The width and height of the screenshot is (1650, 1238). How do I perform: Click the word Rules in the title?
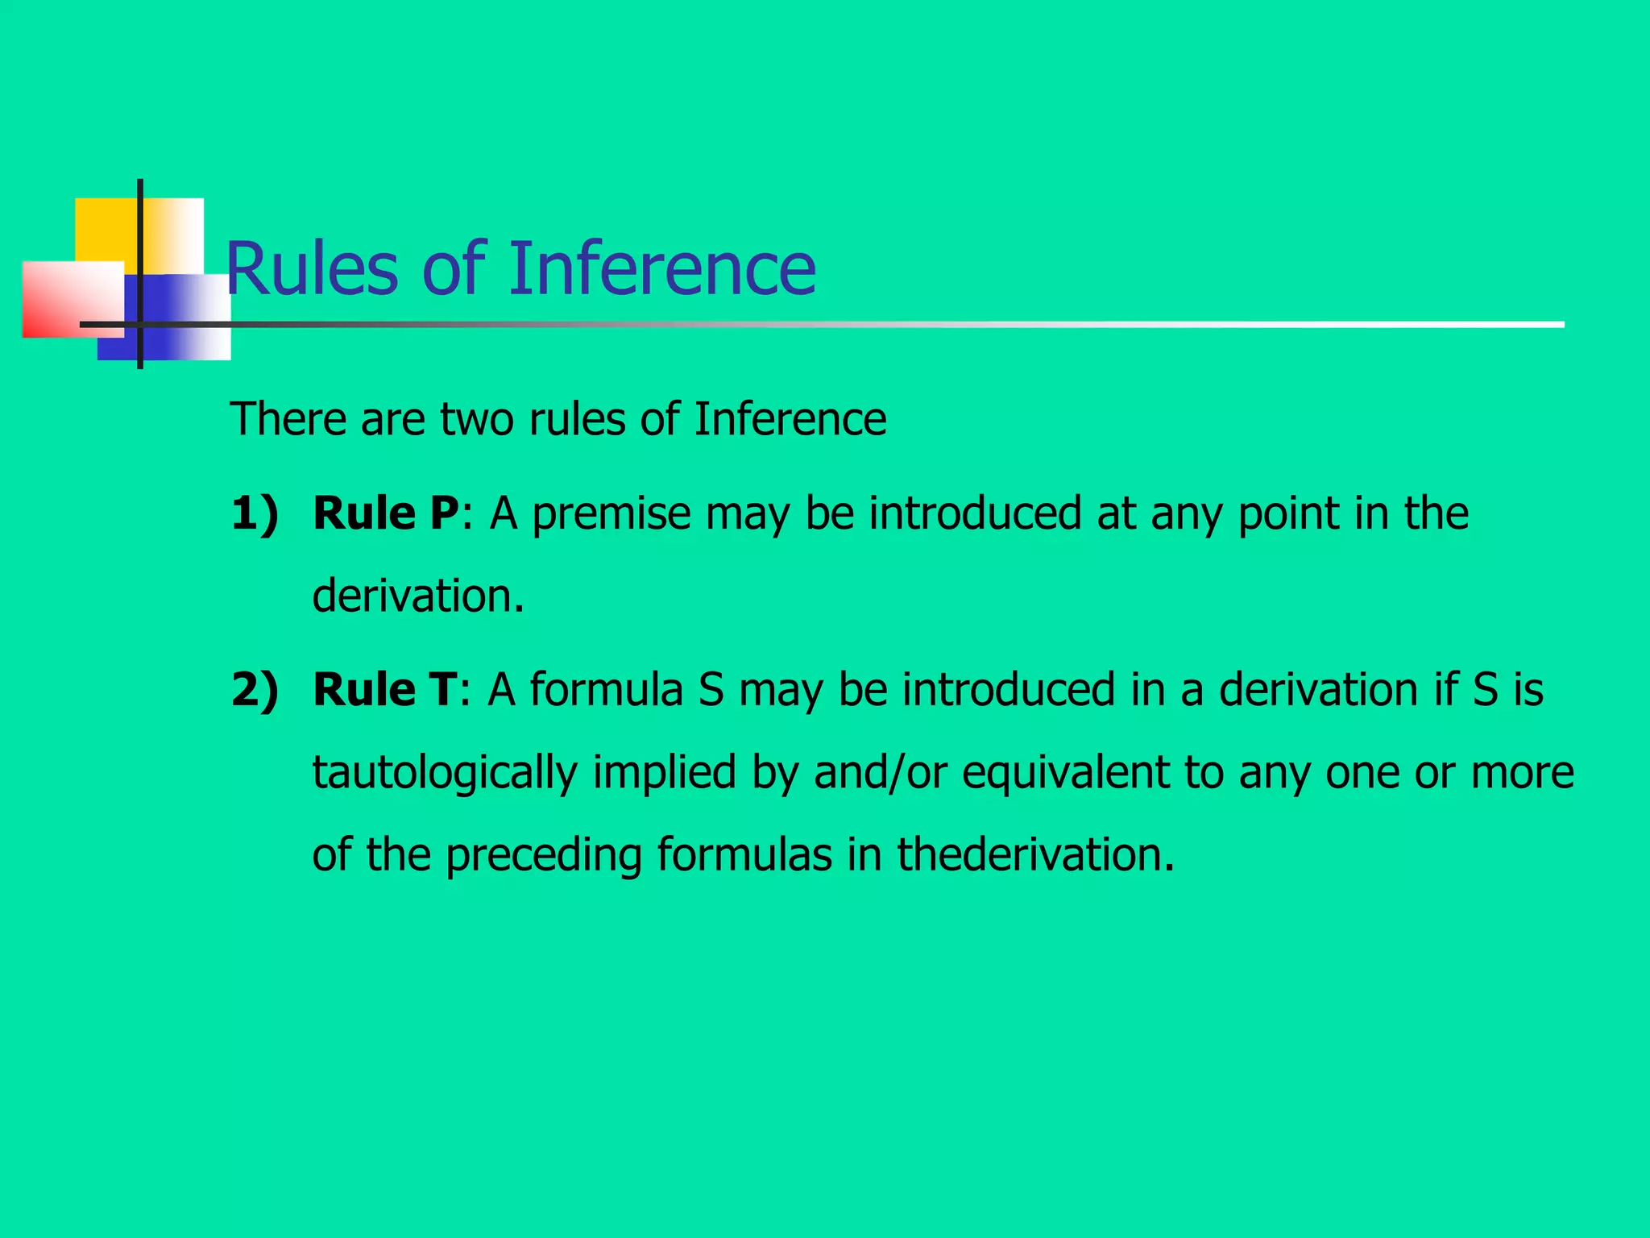pyautogui.click(x=311, y=268)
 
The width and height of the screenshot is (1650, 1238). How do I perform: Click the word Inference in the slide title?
pyautogui.click(x=661, y=268)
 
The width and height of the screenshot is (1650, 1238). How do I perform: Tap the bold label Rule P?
pyautogui.click(x=386, y=513)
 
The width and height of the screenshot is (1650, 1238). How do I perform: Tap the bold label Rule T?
pyautogui.click(x=384, y=690)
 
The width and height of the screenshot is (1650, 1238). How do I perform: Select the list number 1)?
pyautogui.click(x=255, y=513)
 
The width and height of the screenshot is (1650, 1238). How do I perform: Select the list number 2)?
pyautogui.click(x=255, y=690)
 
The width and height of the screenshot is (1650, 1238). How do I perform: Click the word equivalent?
pyautogui.click(x=1065, y=772)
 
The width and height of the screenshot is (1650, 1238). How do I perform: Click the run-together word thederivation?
pyautogui.click(x=1035, y=854)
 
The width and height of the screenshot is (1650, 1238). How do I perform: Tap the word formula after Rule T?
pyautogui.click(x=606, y=690)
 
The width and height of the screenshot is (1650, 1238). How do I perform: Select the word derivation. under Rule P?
pyautogui.click(x=418, y=596)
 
